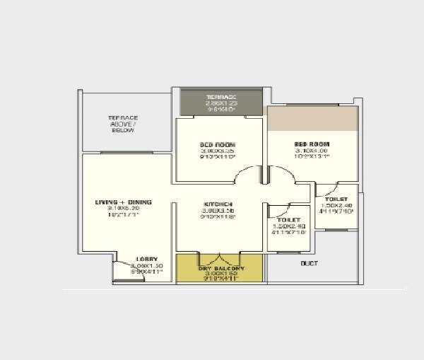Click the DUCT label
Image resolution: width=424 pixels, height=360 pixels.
click(x=309, y=264)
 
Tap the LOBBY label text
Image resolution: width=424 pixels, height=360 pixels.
click(x=147, y=259)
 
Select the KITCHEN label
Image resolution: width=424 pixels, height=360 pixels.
click(x=218, y=204)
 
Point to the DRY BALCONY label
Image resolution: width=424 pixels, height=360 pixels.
click(x=220, y=269)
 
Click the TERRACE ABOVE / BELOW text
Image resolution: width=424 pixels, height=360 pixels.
click(x=123, y=124)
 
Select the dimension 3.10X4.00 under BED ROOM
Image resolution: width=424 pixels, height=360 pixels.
click(x=312, y=151)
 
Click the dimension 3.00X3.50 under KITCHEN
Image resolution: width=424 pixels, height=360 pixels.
click(x=218, y=211)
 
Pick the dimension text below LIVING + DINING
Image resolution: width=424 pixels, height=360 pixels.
click(x=122, y=209)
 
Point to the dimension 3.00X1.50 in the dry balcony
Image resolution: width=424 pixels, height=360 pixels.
click(x=220, y=275)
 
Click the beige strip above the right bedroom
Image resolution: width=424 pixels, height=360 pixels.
click(x=312, y=119)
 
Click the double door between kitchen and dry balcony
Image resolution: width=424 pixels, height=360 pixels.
click(x=220, y=256)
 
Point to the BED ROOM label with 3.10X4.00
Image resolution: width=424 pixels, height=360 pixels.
click(x=312, y=144)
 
